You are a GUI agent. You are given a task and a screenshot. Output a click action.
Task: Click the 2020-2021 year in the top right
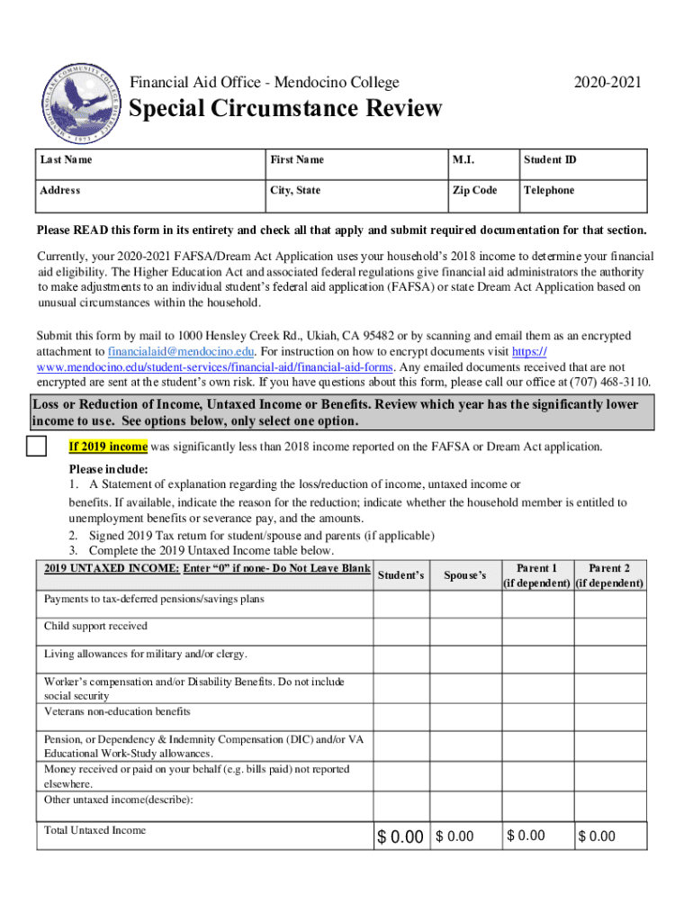(x=611, y=83)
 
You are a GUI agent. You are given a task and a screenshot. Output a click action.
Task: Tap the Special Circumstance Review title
(x=286, y=110)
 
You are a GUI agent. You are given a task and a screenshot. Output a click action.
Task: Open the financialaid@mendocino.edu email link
(x=181, y=351)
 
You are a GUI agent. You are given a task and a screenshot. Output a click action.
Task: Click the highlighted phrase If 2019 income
(x=108, y=447)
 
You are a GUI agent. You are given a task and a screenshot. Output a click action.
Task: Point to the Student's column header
(x=400, y=575)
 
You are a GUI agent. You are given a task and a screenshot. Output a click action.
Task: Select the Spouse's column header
(x=465, y=575)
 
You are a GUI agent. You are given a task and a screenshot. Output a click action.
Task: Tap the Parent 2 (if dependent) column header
(x=609, y=575)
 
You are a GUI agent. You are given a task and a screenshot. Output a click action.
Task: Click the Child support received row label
(x=96, y=626)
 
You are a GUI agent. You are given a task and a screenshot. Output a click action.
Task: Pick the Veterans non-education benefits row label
(x=117, y=712)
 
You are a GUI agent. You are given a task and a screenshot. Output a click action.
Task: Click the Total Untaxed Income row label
(x=94, y=830)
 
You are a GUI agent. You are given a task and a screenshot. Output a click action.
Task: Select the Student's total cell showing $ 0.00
(x=400, y=837)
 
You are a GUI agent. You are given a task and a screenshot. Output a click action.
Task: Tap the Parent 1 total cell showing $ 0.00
(x=537, y=836)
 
